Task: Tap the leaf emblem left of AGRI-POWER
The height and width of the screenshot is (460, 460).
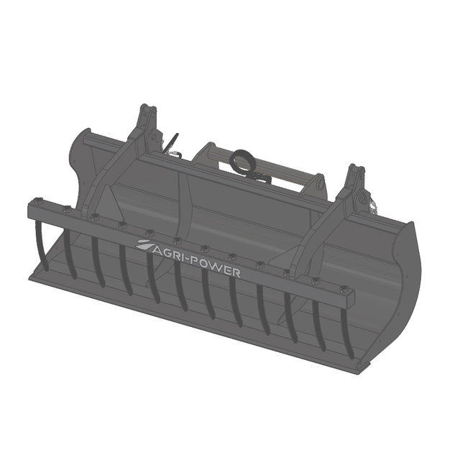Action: click(x=144, y=244)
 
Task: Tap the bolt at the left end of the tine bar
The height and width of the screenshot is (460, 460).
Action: click(x=38, y=202)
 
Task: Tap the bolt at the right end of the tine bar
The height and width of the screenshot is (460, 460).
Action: click(x=344, y=290)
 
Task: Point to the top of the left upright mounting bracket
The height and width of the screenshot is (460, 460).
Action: click(x=147, y=107)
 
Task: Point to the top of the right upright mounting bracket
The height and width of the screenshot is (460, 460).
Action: click(x=356, y=168)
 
